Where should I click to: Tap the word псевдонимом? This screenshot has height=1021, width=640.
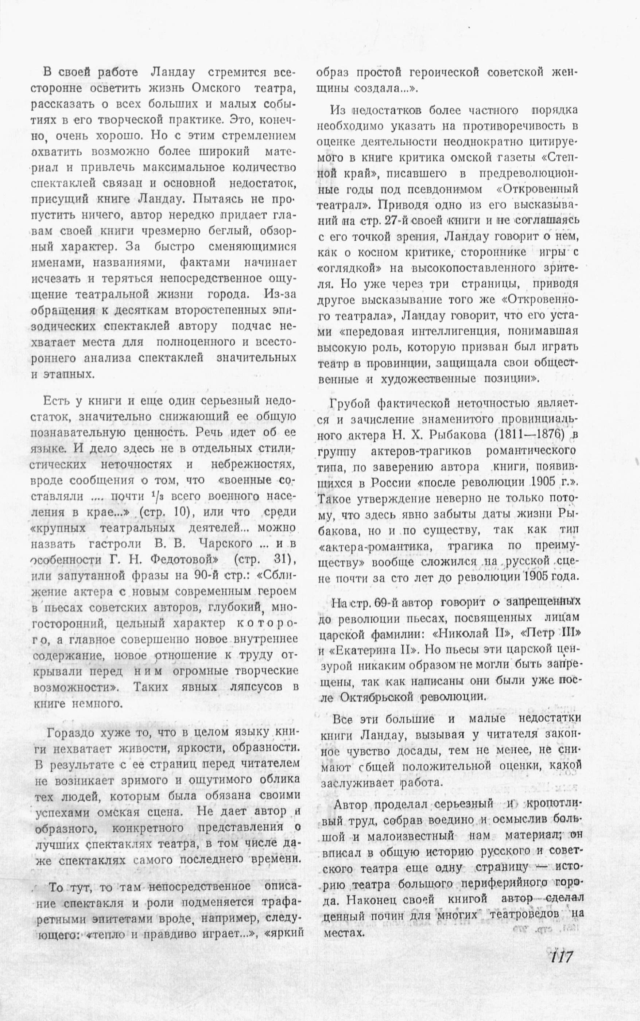tap(437, 189)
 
